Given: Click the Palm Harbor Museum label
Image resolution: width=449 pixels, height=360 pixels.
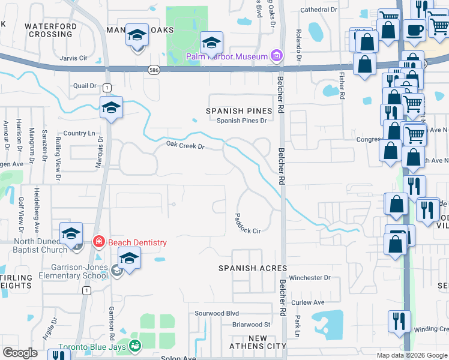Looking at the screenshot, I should (226, 57).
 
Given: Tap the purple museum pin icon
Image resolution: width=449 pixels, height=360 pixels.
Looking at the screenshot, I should (276, 57).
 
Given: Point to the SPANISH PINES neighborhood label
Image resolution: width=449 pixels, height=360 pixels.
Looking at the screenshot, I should (238, 111).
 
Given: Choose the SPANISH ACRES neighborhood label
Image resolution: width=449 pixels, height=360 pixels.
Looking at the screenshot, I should (253, 268).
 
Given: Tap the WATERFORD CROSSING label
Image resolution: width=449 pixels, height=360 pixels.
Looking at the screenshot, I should (50, 30).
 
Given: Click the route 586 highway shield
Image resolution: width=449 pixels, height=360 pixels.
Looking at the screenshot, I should (154, 70).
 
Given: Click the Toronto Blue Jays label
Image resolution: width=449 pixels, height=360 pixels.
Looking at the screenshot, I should (93, 347).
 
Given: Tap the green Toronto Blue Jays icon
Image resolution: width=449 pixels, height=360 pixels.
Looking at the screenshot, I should (135, 346).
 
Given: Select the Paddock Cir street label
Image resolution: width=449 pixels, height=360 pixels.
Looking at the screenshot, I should (247, 224).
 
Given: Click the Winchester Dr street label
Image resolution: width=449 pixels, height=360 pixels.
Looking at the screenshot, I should (310, 278).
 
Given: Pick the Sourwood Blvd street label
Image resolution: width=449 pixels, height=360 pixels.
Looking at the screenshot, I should (217, 313).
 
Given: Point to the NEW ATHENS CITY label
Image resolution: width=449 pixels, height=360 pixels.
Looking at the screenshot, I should (258, 343).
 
